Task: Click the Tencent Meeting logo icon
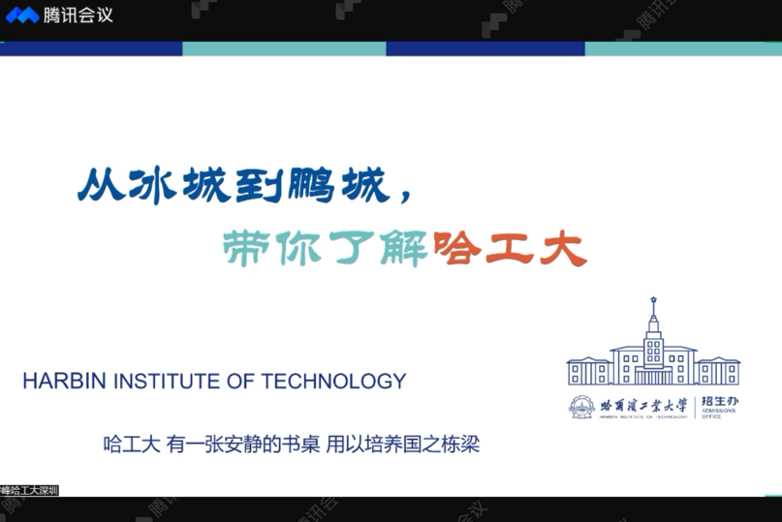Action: tap(21, 15)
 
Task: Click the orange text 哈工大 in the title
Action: tap(511, 250)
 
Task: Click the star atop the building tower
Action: tap(654, 299)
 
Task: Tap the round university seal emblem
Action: tap(582, 406)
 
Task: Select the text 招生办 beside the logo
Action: tap(720, 402)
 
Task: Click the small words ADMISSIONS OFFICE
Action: tap(719, 415)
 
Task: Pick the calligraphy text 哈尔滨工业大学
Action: tap(642, 405)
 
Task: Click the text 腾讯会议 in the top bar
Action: tap(78, 15)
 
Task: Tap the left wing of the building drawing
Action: tap(588, 371)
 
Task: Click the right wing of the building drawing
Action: tap(718, 371)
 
